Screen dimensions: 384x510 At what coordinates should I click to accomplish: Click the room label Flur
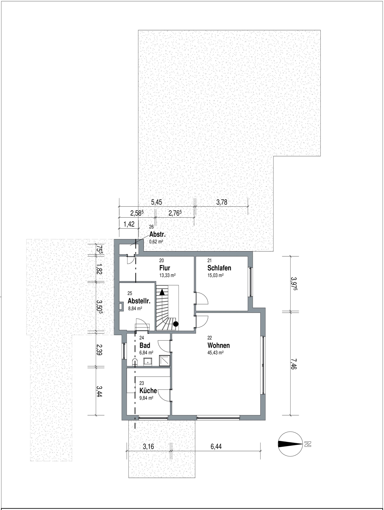pyautogui.click(x=165, y=268)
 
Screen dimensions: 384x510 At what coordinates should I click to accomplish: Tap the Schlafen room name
pyautogui.click(x=219, y=268)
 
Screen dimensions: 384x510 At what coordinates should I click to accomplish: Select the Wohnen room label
pyautogui.click(x=219, y=345)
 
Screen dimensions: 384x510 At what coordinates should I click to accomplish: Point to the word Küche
pyautogui.click(x=148, y=391)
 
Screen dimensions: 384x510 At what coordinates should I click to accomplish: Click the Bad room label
pyautogui.click(x=145, y=345)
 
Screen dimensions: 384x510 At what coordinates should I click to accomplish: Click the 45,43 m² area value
pyautogui.click(x=215, y=353)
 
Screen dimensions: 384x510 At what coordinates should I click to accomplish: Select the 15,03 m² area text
pyautogui.click(x=215, y=275)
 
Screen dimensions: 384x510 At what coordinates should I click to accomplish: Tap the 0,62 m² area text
pyautogui.click(x=156, y=242)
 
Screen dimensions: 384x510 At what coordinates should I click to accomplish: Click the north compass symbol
pyautogui.click(x=290, y=444)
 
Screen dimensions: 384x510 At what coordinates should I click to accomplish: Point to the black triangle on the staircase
pyautogui.click(x=162, y=292)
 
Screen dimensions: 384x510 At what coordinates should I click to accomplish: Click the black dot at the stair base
pyautogui.click(x=176, y=324)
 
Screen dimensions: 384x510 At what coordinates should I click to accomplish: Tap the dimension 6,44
pyautogui.click(x=216, y=446)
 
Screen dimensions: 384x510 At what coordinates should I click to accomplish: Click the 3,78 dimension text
pyautogui.click(x=222, y=202)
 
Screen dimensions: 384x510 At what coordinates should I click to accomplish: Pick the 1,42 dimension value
pyautogui.click(x=129, y=224)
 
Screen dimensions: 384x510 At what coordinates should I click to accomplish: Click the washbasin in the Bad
pyautogui.click(x=148, y=362)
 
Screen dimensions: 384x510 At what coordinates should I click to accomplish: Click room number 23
pyautogui.click(x=141, y=383)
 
